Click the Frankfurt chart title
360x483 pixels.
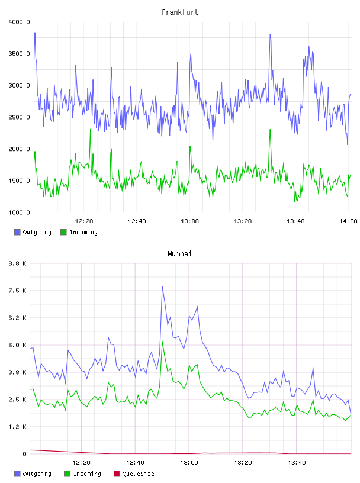180,12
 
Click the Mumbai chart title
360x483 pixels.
179,254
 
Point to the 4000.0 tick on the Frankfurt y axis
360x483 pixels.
19,22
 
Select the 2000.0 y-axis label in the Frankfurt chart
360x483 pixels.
19,149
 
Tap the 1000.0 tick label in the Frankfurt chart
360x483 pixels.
19,212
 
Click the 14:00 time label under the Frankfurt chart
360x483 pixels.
348,221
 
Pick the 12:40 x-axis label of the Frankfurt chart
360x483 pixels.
137,221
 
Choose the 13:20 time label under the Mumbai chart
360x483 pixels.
243,463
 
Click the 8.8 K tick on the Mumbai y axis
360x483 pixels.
17,263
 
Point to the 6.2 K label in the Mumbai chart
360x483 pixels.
17,318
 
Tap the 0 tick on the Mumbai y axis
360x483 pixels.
24,454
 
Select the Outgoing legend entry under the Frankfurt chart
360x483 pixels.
33,232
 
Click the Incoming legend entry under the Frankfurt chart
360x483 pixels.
79,232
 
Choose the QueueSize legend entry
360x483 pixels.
134,474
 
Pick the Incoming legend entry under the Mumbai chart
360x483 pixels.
83,474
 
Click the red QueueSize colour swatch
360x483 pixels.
117,474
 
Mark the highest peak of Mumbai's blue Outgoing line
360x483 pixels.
162,286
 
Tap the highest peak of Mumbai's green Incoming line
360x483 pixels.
162,342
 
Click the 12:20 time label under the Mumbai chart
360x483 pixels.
81,463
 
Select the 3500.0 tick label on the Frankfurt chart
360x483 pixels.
19,54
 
